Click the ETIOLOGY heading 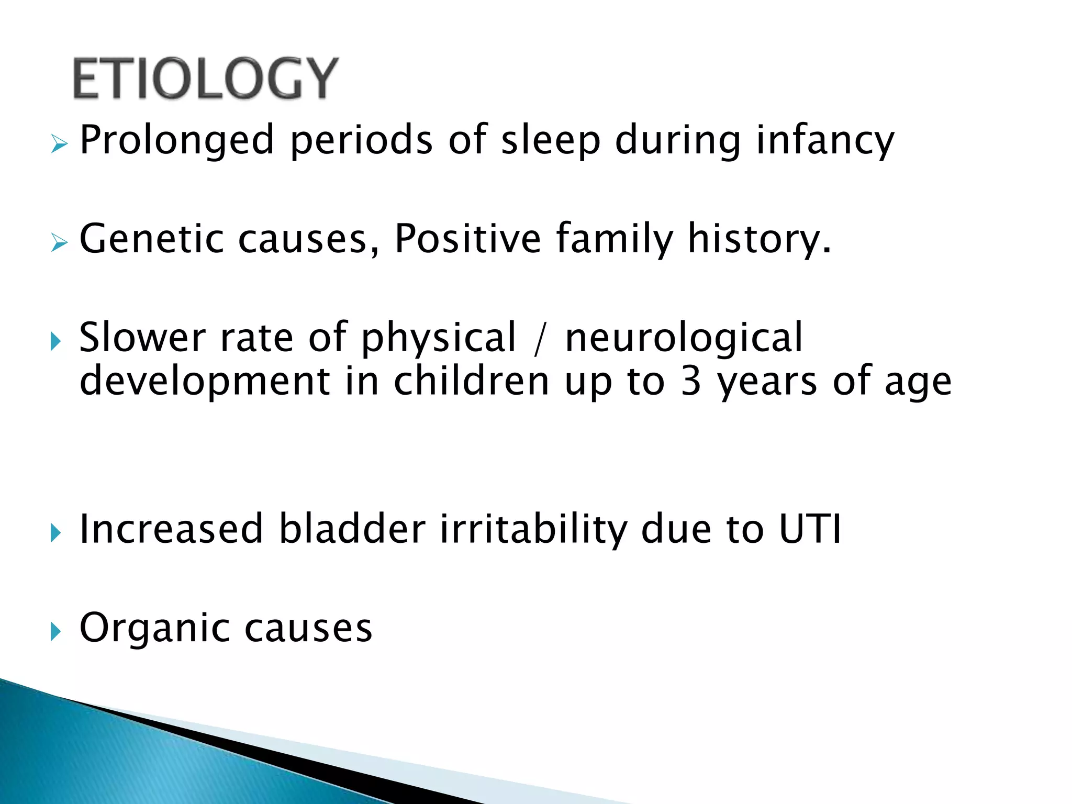click(x=205, y=79)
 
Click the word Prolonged click(x=176, y=140)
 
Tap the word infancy click(x=825, y=140)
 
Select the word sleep click(x=550, y=140)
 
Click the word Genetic click(x=152, y=239)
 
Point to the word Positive click(x=467, y=239)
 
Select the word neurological click(x=684, y=338)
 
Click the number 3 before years click(x=691, y=381)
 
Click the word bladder click(x=352, y=529)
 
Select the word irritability click(x=533, y=529)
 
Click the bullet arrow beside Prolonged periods click(x=59, y=143)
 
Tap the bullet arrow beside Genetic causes click(x=59, y=242)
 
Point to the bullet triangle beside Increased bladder click(x=56, y=533)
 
